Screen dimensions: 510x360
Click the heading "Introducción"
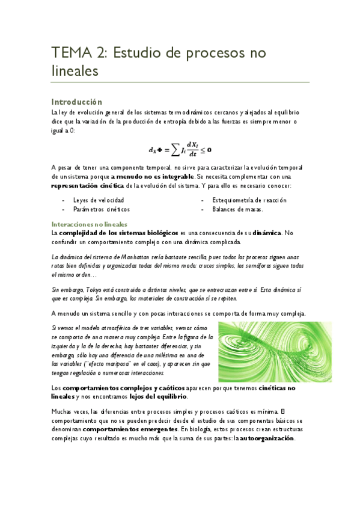click(76, 102)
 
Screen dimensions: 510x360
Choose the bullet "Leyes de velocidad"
click(99, 200)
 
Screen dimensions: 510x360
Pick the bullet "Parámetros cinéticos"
click(101, 209)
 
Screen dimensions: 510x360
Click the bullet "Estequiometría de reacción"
click(249, 200)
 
